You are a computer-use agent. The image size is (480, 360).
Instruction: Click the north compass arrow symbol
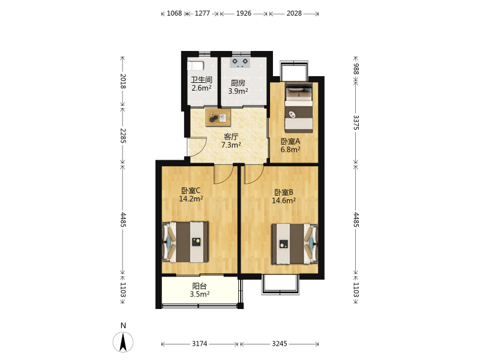[123, 342]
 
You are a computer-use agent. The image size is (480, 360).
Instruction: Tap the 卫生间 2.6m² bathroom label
[202, 84]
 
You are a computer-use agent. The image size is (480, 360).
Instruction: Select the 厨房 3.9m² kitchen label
[238, 87]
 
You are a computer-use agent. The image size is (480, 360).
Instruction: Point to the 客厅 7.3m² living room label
[231, 141]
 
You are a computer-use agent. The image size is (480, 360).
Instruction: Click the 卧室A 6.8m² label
[290, 145]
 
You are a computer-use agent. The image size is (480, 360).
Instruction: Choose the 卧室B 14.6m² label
[284, 197]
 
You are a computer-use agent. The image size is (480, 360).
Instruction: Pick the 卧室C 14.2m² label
[191, 194]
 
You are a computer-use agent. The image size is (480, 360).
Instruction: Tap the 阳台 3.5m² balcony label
[200, 290]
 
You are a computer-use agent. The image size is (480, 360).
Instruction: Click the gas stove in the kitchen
[240, 62]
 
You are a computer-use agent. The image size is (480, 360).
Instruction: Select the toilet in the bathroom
[196, 65]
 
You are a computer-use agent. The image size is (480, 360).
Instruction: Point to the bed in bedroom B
[295, 244]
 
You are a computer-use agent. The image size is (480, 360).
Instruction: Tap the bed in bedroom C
[185, 242]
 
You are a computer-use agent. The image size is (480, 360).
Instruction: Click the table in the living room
[218, 117]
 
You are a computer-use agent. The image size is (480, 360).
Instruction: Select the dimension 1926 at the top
[244, 13]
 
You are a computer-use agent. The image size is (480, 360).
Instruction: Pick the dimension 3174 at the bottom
[200, 344]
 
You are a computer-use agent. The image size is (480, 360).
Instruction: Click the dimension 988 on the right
[356, 69]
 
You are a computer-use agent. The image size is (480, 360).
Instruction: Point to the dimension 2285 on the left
[123, 136]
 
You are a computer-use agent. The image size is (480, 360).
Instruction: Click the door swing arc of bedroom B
[257, 178]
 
